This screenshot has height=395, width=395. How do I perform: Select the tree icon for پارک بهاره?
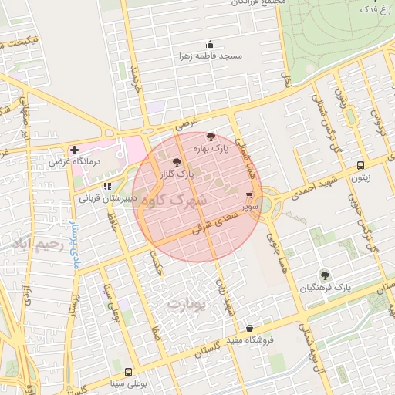211,136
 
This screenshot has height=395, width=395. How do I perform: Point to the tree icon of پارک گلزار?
177,163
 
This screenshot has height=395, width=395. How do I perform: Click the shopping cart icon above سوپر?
249,196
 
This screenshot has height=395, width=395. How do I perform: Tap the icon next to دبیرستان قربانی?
107,186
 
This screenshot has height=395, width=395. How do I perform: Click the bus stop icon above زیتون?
360,166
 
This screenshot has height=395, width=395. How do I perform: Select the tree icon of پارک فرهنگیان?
325,274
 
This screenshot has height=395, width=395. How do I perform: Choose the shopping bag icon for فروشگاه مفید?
249,328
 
